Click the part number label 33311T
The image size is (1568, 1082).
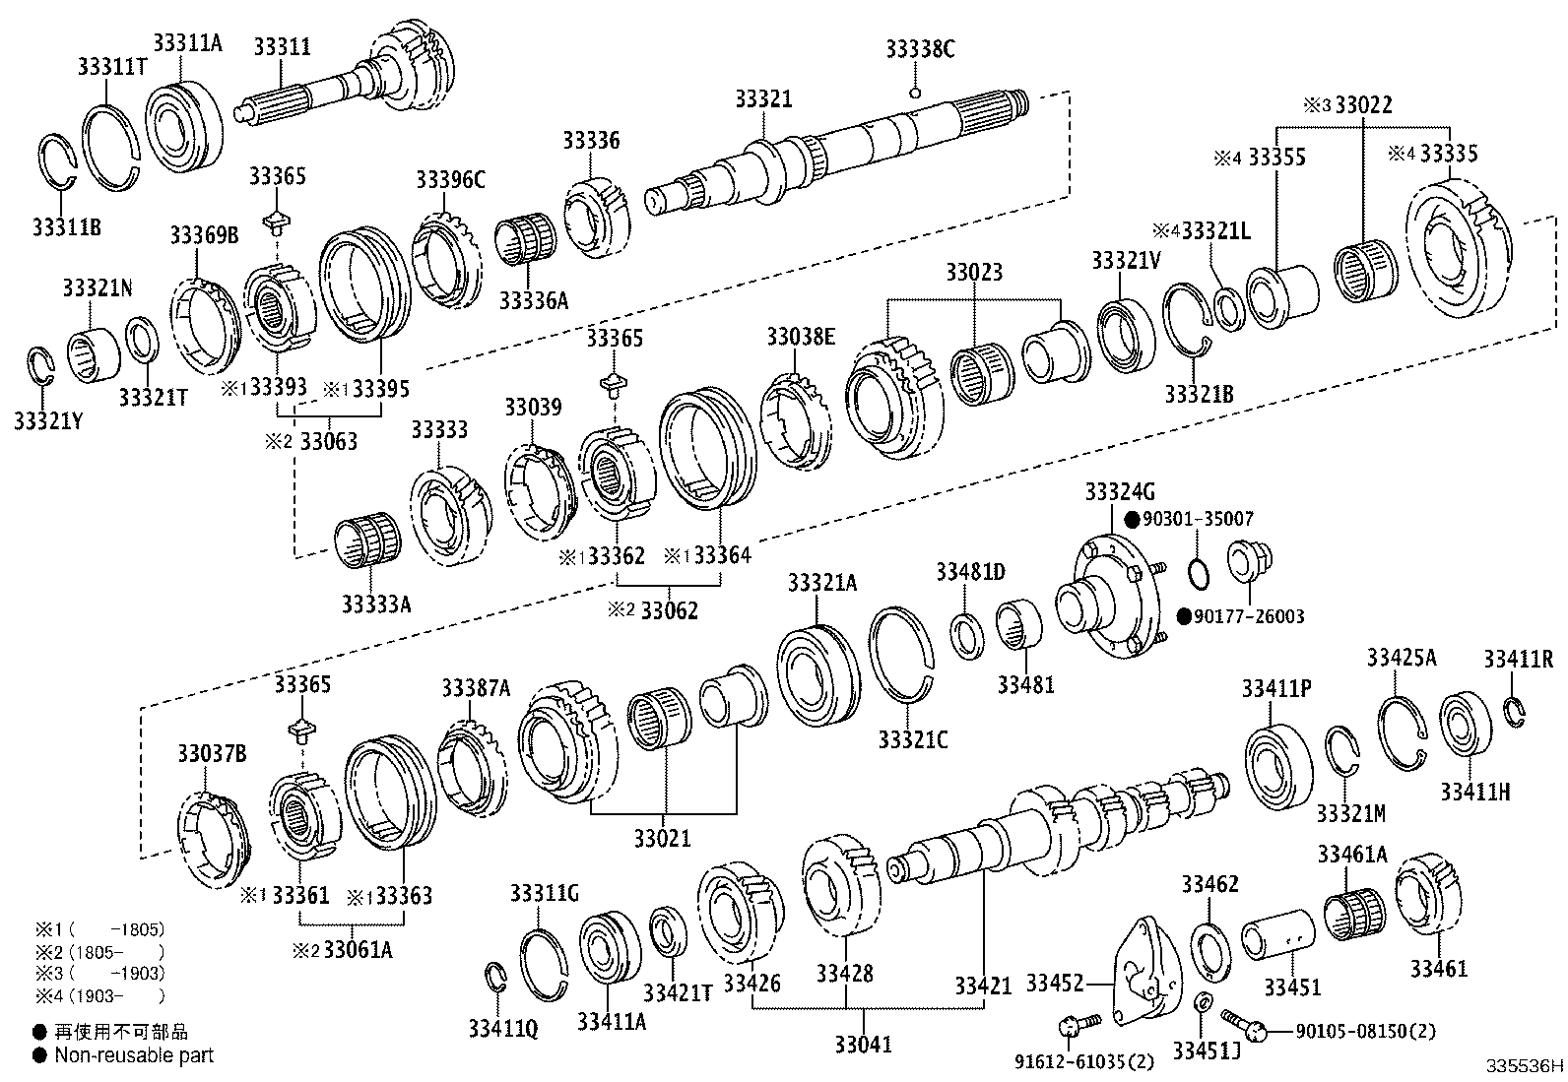pyautogui.click(x=111, y=65)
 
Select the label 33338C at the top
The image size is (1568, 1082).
pyautogui.click(x=920, y=49)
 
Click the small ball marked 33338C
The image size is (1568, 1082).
pyautogui.click(x=915, y=93)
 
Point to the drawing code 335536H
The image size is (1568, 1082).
pyautogui.click(x=1526, y=1065)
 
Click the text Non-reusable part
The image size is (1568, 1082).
pyautogui.click(x=133, y=1055)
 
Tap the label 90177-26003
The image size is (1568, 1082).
pyautogui.click(x=1248, y=616)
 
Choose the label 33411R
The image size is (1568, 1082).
pyautogui.click(x=1518, y=659)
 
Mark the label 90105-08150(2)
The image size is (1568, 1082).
pyautogui.click(x=1364, y=1031)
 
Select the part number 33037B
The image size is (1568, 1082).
pyautogui.click(x=212, y=754)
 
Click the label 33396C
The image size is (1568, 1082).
pyautogui.click(x=450, y=179)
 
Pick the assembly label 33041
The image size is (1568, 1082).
pyautogui.click(x=863, y=1043)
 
